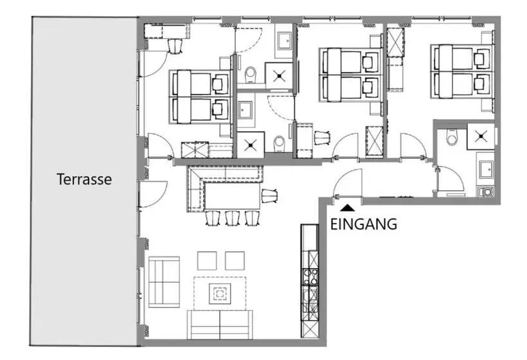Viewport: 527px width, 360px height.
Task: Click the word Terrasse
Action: click(x=84, y=179)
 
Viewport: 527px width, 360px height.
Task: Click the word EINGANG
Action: click(x=364, y=224)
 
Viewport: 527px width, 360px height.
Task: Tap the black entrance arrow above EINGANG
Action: click(x=347, y=208)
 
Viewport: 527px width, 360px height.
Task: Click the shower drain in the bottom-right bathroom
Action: click(x=481, y=136)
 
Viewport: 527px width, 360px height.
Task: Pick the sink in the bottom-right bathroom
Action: click(x=486, y=169)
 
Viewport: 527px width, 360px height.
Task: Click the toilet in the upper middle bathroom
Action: click(x=251, y=75)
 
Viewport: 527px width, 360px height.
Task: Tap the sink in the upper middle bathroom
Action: click(x=283, y=40)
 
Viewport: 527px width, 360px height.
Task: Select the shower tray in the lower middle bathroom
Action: click(x=251, y=145)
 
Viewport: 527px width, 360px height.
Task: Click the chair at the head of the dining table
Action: click(x=269, y=195)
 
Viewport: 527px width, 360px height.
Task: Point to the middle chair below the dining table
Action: click(x=232, y=218)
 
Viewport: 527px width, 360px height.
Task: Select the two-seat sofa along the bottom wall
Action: click(x=220, y=325)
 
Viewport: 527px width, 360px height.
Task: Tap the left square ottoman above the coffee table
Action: click(x=207, y=261)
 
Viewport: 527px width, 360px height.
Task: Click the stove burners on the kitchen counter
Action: click(x=310, y=276)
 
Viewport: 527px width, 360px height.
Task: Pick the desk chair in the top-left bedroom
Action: click(x=175, y=46)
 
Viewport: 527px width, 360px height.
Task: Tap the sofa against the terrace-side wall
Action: click(x=164, y=282)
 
